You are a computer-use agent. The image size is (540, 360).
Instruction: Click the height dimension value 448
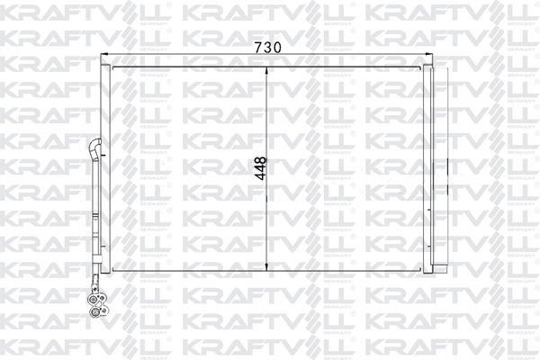click(260, 168)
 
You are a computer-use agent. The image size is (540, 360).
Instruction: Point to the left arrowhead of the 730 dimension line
click(110, 56)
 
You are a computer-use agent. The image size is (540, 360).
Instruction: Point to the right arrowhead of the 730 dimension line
click(431, 56)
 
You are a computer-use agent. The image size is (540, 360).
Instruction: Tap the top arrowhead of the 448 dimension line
click(269, 67)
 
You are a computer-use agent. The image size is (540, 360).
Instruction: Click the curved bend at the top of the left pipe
click(95, 144)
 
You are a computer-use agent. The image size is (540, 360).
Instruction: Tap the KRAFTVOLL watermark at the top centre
click(270, 13)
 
